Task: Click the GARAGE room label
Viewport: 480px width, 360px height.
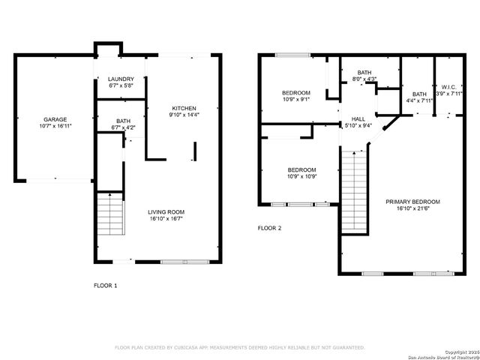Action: point(55,119)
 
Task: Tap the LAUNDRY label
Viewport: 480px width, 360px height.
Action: point(121,79)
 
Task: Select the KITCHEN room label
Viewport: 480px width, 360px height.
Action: point(184,109)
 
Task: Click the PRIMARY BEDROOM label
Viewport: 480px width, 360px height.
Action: point(412,202)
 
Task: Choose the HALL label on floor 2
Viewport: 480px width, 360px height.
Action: point(358,118)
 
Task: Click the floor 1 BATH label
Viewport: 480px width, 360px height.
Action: point(122,121)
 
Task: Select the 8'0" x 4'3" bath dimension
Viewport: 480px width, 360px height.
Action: point(364,79)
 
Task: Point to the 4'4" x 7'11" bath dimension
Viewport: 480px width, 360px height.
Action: point(419,100)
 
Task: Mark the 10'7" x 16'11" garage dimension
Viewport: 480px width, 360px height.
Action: point(55,127)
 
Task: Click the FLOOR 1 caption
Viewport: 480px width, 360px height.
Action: point(105,285)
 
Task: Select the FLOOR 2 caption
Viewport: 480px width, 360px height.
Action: point(269,228)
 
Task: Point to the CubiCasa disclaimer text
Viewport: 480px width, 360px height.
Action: point(239,347)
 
